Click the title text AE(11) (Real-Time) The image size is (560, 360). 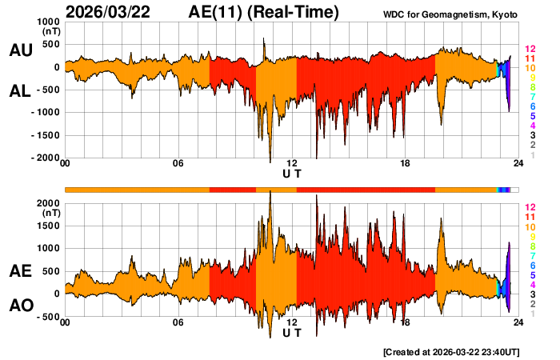264,12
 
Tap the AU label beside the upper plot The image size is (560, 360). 20,50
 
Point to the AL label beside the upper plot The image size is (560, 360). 20,92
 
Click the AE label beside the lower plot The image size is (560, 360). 20,272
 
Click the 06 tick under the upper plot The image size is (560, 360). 178,164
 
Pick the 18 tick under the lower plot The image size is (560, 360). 406,323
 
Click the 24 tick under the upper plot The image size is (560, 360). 518,164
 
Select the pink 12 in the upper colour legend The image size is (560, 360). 530,49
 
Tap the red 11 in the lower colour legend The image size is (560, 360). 530,218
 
